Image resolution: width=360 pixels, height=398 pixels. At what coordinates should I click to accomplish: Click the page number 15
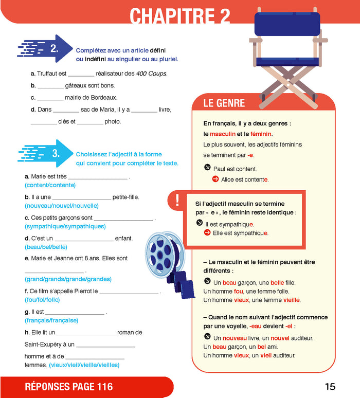(330, 387)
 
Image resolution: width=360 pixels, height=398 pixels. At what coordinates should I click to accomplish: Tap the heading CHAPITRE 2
(180, 16)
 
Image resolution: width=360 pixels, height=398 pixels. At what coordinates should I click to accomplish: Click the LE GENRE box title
(224, 103)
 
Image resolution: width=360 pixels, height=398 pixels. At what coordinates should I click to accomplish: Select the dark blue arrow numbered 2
(45, 48)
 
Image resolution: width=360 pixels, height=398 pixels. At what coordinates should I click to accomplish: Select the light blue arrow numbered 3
(45, 153)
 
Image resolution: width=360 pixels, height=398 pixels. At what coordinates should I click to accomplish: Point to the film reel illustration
(169, 264)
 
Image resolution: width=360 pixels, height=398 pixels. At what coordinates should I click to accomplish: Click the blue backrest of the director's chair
(287, 24)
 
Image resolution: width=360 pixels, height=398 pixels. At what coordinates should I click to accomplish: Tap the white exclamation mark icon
(177, 200)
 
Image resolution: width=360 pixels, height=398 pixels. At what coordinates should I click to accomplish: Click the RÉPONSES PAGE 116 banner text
(68, 387)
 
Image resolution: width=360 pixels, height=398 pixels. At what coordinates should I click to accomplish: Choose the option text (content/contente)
(50, 185)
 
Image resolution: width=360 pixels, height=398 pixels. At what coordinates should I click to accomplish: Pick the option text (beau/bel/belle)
(46, 247)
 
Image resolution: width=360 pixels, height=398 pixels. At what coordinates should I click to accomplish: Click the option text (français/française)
(51, 320)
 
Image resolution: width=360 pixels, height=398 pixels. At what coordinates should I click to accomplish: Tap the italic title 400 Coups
(152, 74)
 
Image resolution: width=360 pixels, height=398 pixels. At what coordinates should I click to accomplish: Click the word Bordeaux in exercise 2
(104, 98)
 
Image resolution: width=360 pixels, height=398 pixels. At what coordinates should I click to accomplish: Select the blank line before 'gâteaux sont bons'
(50, 88)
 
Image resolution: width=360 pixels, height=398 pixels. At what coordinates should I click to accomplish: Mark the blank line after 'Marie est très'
(98, 179)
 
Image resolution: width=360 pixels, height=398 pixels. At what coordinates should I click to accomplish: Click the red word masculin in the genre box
(223, 134)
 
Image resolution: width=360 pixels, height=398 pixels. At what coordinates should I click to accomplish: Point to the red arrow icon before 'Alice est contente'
(215, 179)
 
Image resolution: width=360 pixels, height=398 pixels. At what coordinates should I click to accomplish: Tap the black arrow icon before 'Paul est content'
(207, 167)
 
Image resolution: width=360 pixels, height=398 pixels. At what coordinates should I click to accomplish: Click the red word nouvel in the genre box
(280, 338)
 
